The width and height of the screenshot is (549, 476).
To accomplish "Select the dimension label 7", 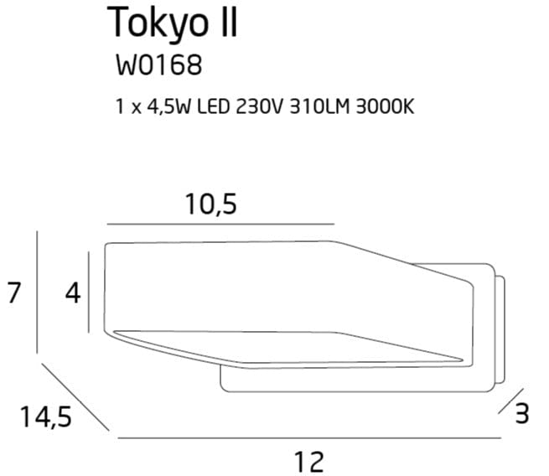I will tap(13, 294).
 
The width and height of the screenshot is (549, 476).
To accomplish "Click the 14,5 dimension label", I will tap(44, 416).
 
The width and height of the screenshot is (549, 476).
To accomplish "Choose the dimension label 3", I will tap(521, 413).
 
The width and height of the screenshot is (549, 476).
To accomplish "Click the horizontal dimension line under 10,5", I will tap(220, 225).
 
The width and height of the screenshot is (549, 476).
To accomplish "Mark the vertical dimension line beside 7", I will tap(38, 293).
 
